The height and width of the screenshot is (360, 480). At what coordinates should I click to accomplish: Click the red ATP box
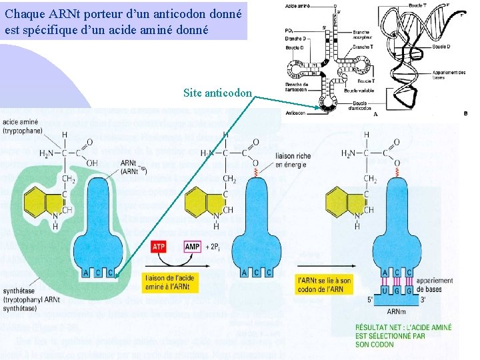159,247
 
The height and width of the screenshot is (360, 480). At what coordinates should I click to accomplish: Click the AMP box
193,247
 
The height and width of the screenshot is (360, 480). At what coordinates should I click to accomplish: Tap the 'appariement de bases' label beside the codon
437,285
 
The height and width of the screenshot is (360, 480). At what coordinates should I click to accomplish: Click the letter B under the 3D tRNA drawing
464,113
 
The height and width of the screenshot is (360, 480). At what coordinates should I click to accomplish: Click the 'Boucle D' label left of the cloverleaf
294,47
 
